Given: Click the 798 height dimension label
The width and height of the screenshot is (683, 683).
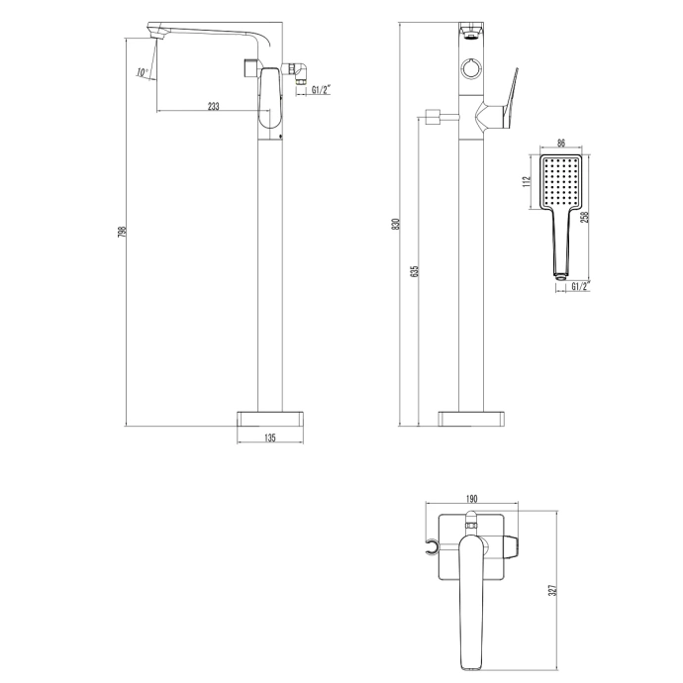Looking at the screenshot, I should pos(121,233).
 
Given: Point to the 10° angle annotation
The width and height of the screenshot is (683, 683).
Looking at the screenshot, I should pos(143,73).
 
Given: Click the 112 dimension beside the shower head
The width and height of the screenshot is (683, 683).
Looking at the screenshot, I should pos(529,180).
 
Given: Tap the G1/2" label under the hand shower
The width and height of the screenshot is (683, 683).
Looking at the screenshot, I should pos(577,287).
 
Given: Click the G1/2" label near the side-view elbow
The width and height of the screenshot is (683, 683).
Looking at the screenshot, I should pos(321,90).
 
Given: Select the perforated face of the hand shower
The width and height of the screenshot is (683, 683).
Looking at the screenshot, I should pos(560,180).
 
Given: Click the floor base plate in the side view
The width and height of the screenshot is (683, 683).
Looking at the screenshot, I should pos(269,416).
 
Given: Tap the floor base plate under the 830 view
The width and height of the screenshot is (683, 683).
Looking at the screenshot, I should pos(471,416).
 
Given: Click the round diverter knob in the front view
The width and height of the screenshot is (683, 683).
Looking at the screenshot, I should pos(471,70).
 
